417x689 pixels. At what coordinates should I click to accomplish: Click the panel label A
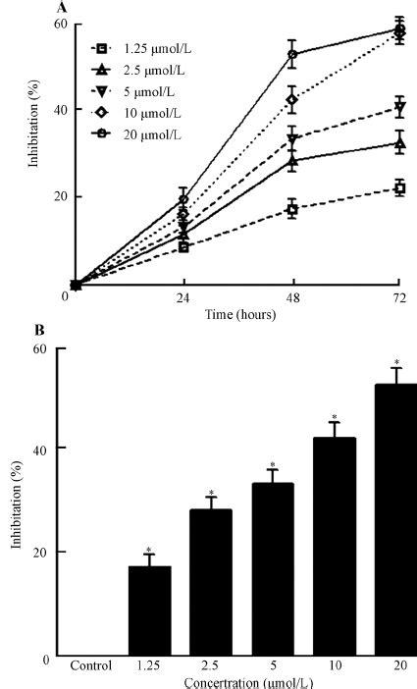tap(64, 5)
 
